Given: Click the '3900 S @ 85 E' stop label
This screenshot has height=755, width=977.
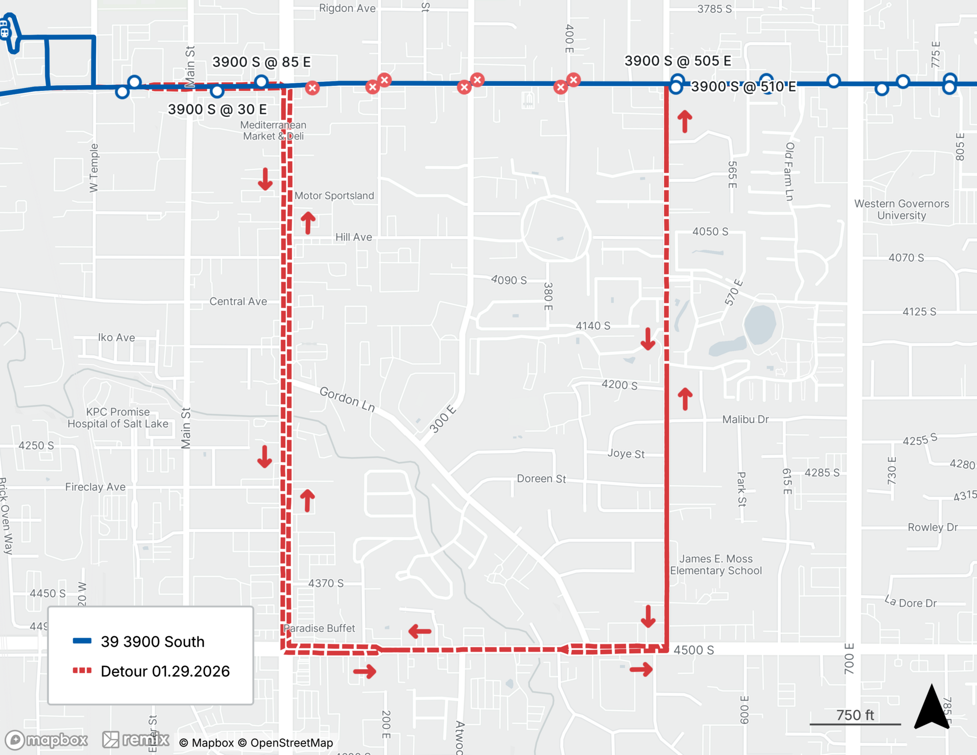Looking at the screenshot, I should pos(261,62).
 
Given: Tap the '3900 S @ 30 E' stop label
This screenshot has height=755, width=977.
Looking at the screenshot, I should pos(217,109).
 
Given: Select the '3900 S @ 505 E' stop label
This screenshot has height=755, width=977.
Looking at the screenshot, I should pos(678,61).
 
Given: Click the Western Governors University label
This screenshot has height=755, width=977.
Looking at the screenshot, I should pos(901,210).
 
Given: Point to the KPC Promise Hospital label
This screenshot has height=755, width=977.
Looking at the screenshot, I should pos(118,418).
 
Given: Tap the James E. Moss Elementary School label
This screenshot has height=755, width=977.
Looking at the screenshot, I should pos(716,564).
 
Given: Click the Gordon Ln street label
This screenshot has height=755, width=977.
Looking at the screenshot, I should pos(347,399).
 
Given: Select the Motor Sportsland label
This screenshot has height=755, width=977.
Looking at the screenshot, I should pos(334,195).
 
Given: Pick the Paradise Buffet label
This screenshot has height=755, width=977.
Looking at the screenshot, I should pos(319,628).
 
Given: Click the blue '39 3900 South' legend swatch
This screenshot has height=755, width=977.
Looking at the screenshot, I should pos(82,641).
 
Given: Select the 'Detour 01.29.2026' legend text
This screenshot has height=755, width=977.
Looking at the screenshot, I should pos(165,671).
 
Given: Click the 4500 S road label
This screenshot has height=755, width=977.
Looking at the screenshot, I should pos(694,650).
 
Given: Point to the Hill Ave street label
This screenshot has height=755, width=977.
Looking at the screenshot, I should pos(354,237).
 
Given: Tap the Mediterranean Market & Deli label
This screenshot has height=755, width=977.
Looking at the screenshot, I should pos(273,130).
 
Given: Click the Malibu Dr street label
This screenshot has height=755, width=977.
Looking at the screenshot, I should pos(745,419).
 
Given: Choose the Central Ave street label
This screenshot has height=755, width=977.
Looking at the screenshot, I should pos(238,302).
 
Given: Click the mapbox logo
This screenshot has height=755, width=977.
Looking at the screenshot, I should pos(47,740).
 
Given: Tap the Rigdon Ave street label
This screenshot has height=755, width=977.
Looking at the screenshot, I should pos(347,8).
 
